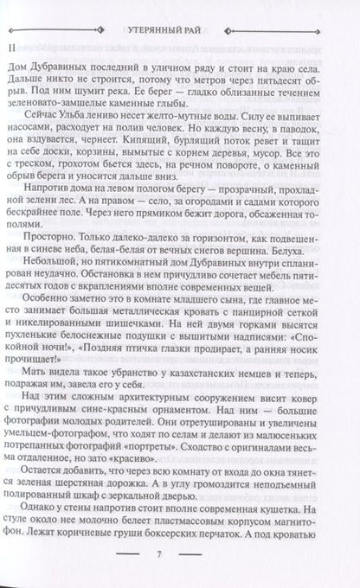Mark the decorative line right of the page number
[225, 576]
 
